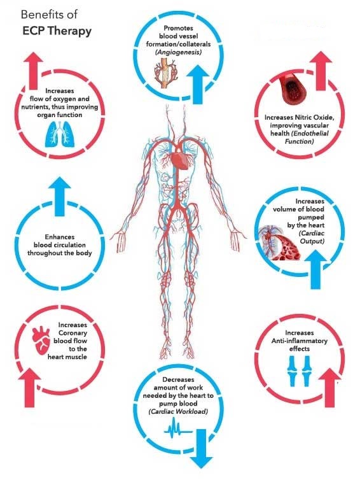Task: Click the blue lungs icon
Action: (60, 134)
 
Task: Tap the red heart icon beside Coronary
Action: (41, 340)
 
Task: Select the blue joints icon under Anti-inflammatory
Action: (300, 371)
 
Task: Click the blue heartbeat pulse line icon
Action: (178, 430)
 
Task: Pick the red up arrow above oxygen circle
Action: (36, 71)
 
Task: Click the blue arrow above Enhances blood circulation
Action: (60, 195)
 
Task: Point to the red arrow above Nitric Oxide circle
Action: (321, 71)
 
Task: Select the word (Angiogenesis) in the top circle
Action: (178, 52)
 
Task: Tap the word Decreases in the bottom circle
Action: (178, 379)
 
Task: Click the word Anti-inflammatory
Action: (300, 341)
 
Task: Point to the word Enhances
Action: (60, 237)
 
